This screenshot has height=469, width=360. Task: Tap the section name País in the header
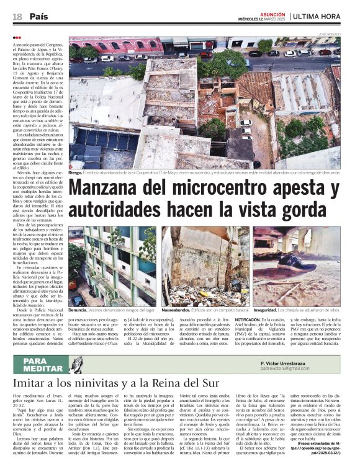[38, 17]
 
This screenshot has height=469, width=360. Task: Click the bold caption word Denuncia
[78, 308]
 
